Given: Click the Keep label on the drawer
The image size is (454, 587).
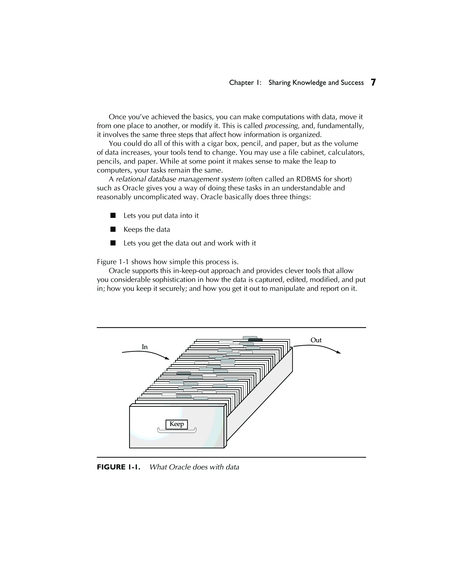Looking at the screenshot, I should [x=176, y=424].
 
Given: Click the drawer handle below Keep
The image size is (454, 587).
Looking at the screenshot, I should [x=177, y=431].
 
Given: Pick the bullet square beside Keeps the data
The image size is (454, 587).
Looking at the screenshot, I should [x=113, y=229].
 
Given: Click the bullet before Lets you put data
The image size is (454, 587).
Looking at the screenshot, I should [x=113, y=216].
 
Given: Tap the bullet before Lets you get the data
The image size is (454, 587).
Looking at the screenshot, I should [x=113, y=243].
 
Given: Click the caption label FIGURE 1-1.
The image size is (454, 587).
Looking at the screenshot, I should [x=118, y=467].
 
